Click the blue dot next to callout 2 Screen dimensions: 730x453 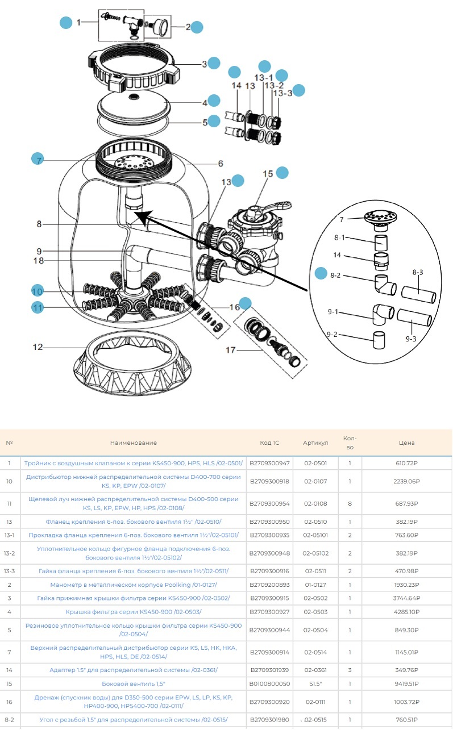coord(197,27)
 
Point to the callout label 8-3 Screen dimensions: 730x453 coord(417,273)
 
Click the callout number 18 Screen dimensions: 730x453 coord(39,261)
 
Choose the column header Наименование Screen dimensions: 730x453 coord(134,443)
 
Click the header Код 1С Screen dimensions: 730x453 coord(269,443)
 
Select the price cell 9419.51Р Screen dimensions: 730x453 coord(406,684)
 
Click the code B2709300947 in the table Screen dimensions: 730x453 coord(269,464)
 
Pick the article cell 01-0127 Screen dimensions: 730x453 coord(315,585)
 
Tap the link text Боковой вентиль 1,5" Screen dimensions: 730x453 coord(134,684)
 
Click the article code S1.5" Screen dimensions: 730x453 coord(315,684)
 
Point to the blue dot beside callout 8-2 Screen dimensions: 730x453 coord(322,274)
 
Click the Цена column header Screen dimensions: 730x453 coord(406,443)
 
